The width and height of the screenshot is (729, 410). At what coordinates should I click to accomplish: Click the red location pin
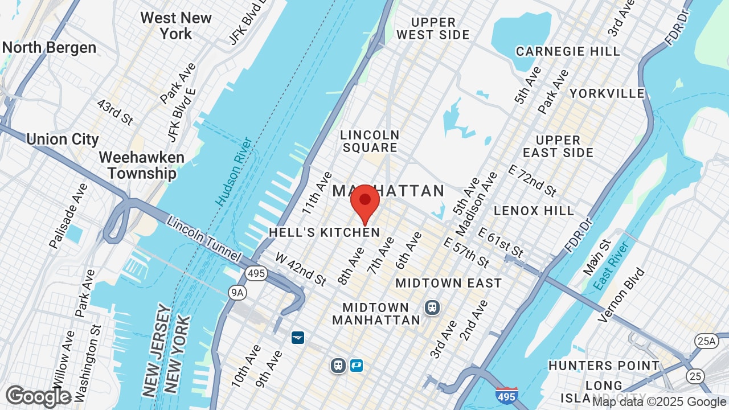(365, 202)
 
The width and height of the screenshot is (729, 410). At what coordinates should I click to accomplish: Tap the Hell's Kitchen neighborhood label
(324, 232)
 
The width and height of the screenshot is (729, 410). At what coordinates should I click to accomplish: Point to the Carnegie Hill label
(568, 51)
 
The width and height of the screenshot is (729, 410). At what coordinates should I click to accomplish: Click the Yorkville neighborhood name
(607, 93)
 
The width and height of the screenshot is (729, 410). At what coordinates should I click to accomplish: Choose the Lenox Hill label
(534, 211)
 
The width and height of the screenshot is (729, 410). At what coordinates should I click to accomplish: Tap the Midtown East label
(449, 283)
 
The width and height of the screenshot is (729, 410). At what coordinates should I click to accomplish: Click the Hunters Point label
(604, 366)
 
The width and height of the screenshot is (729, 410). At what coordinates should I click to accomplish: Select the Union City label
(63, 139)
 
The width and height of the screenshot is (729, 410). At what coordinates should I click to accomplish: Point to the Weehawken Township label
(141, 165)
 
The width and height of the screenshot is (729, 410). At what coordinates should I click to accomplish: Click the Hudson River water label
(234, 171)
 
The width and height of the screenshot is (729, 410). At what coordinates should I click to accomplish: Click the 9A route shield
(237, 293)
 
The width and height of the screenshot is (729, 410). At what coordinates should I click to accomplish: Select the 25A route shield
(705, 341)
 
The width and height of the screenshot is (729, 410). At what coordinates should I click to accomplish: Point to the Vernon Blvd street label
(622, 295)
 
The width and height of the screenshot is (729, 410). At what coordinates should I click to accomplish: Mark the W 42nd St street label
(301, 269)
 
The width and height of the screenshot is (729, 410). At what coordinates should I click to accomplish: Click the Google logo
(39, 396)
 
